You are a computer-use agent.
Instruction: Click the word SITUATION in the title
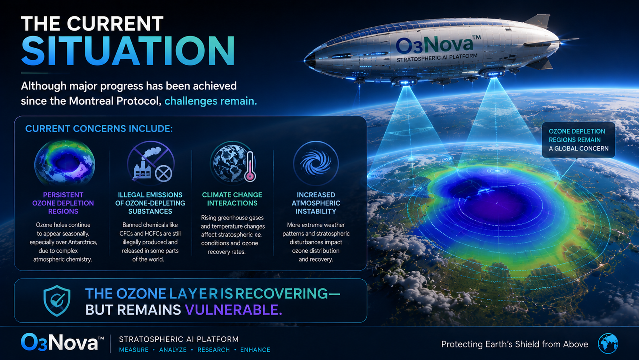(128, 51)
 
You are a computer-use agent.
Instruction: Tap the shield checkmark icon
(57, 300)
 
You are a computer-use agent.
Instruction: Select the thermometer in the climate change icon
(250, 166)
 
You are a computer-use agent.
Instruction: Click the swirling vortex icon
(316, 163)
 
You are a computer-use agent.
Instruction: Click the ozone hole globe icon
(65, 163)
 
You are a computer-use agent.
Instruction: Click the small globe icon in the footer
(608, 343)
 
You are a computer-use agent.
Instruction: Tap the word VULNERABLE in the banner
(233, 310)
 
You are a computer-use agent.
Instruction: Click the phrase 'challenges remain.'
(211, 101)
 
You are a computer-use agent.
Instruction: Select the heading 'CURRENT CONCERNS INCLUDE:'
(99, 129)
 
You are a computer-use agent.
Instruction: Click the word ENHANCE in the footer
(255, 350)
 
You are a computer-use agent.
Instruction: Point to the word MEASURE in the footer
(134, 350)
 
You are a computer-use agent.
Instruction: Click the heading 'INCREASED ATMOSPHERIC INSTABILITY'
(316, 203)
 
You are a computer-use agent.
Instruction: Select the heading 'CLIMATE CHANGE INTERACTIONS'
(232, 199)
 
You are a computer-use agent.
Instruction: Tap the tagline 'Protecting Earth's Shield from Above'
(515, 344)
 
